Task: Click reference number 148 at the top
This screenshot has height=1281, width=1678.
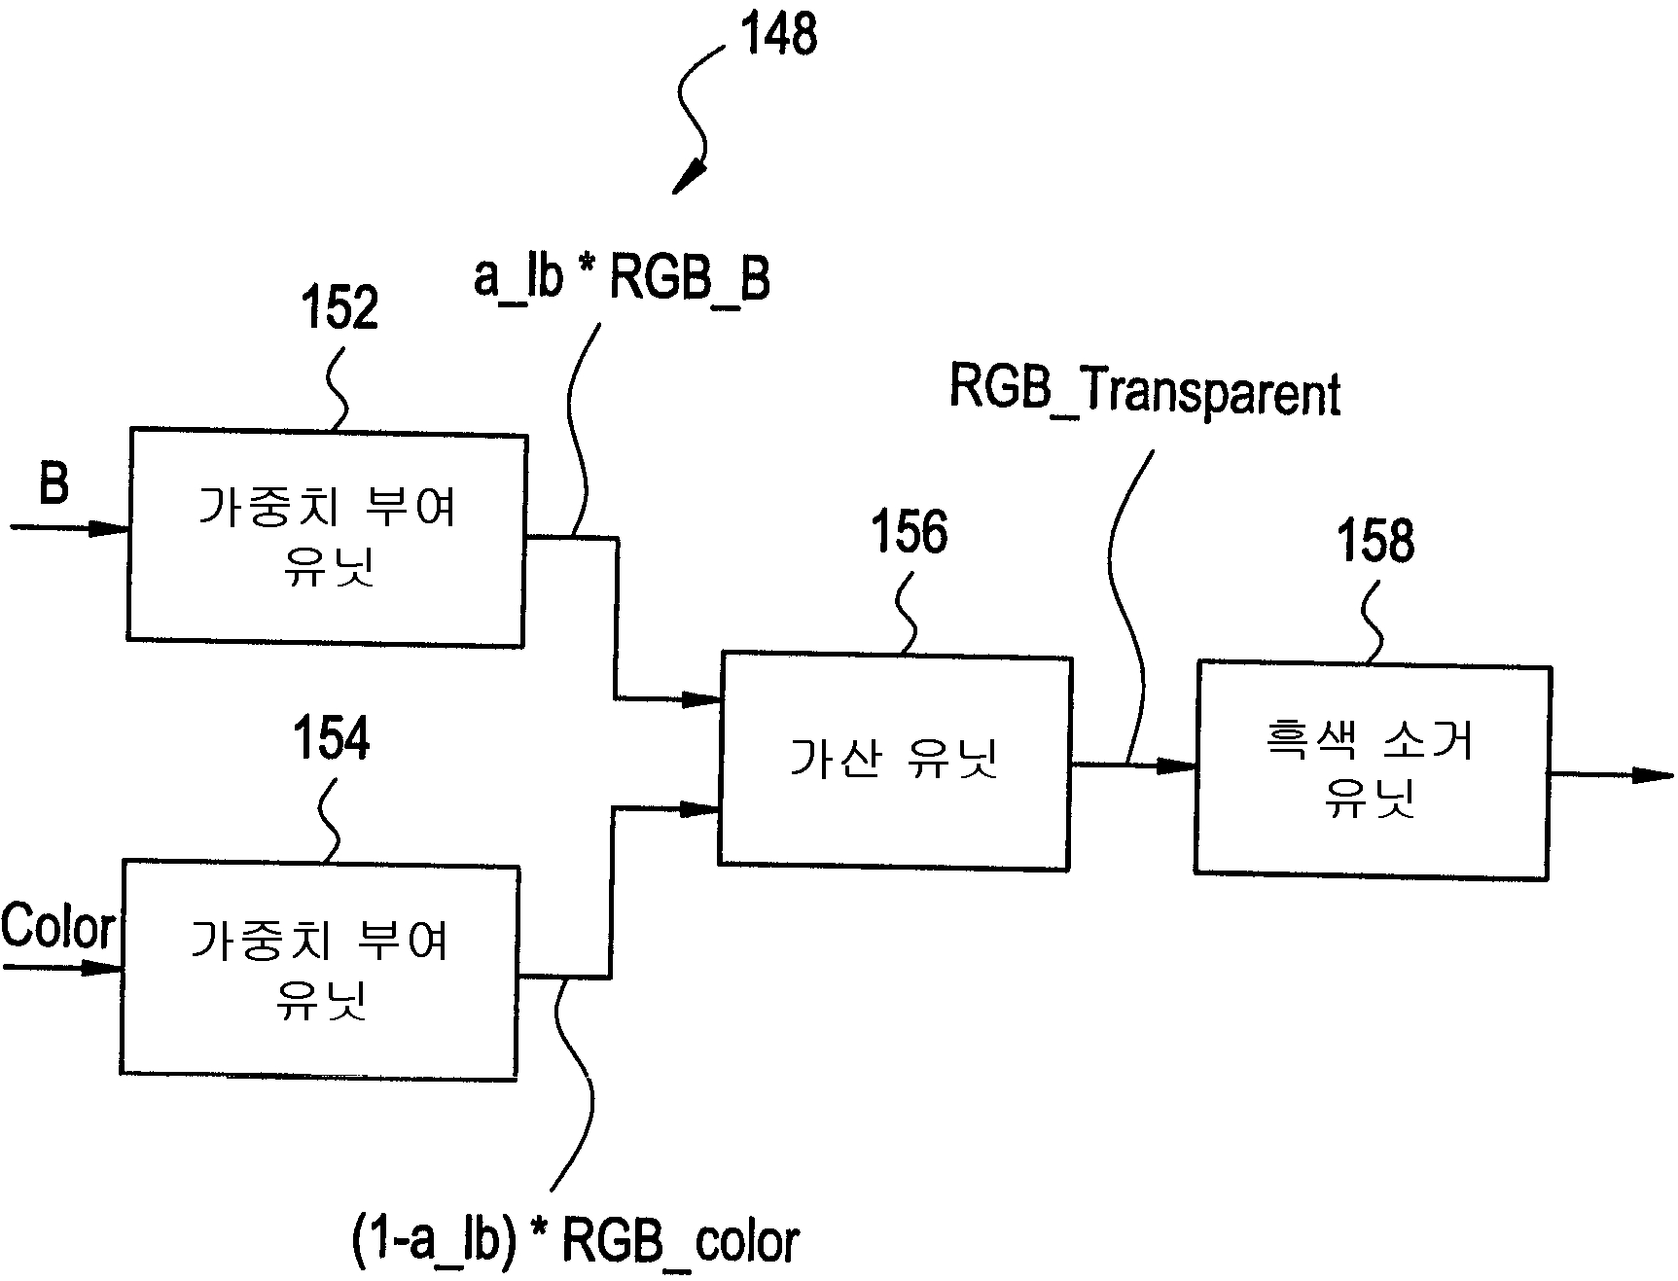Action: click(779, 35)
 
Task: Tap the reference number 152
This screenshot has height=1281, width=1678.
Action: click(339, 308)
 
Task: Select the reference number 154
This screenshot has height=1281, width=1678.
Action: click(332, 738)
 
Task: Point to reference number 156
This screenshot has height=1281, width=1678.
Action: click(909, 533)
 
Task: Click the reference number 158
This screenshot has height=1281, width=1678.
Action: click(1375, 541)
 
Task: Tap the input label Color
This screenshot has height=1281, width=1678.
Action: click(58, 926)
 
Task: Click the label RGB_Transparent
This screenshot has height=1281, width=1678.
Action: click(1144, 392)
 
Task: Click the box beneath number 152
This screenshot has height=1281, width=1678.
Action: click(327, 537)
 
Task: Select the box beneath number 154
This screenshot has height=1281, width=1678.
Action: click(319, 969)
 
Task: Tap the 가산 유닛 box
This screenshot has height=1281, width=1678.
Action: click(894, 760)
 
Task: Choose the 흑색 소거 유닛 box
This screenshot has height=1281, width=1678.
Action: click(1372, 769)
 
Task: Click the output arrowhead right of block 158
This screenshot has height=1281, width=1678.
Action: click(1654, 775)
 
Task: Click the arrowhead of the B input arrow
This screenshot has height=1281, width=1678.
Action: click(109, 529)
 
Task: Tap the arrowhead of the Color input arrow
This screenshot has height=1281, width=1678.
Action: click(102, 968)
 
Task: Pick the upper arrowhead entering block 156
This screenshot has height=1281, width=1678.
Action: click(700, 698)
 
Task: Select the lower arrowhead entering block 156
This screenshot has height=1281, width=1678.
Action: click(700, 808)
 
